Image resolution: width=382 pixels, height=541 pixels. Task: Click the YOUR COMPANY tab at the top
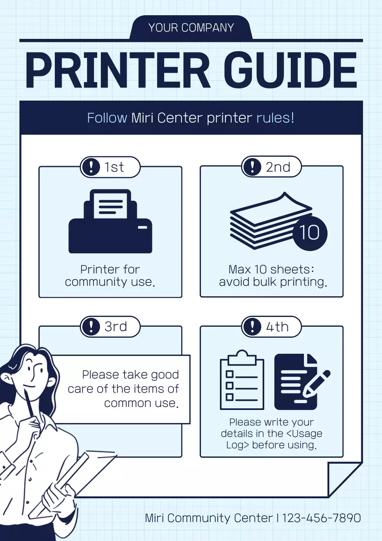pyautogui.click(x=191, y=27)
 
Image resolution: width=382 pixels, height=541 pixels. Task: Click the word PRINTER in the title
pyautogui.click(x=118, y=70)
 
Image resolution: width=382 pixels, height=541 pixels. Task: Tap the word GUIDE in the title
pyautogui.click(x=290, y=70)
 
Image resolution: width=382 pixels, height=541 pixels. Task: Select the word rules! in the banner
pyautogui.click(x=275, y=118)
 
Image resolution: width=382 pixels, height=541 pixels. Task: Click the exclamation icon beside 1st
pyautogui.click(x=91, y=167)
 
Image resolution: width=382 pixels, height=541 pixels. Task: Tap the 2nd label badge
pyautogui.click(x=271, y=167)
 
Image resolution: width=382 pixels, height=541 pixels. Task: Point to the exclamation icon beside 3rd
pyautogui.click(x=91, y=327)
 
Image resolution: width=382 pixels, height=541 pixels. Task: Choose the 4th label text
pyautogui.click(x=277, y=327)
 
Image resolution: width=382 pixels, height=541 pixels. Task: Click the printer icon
pyautogui.click(x=111, y=221)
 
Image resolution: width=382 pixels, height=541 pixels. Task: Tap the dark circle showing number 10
pyautogui.click(x=310, y=233)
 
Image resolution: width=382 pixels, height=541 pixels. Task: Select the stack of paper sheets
pyautogui.click(x=271, y=221)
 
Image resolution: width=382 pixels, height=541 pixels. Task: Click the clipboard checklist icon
pyautogui.click(x=242, y=380)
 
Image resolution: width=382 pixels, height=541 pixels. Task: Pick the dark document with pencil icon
pyautogui.click(x=301, y=382)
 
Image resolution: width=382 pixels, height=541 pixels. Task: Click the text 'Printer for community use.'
pyautogui.click(x=110, y=276)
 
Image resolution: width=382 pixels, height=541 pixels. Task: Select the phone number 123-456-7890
pyautogui.click(x=322, y=518)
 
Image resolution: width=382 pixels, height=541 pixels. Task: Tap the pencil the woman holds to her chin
pyautogui.click(x=30, y=403)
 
